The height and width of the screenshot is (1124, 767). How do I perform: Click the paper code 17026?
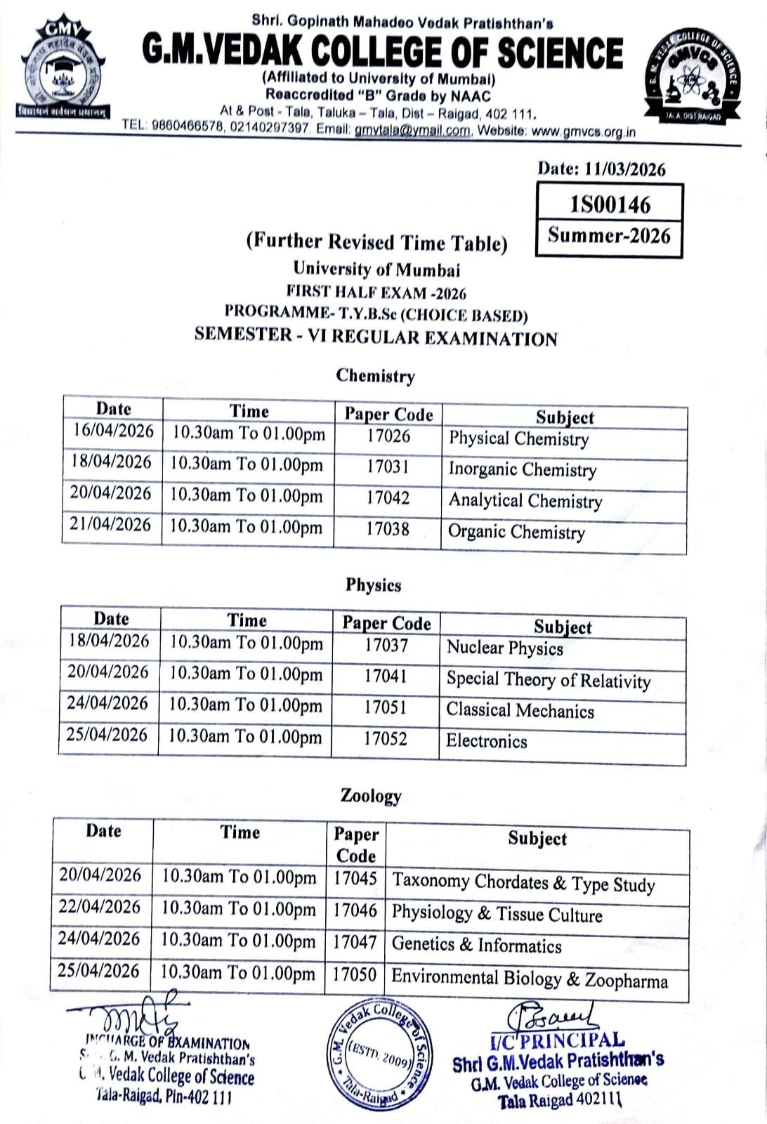click(x=388, y=436)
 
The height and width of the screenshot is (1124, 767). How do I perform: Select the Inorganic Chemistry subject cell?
click(x=523, y=469)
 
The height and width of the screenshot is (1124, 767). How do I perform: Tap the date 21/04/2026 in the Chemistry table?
click(x=110, y=525)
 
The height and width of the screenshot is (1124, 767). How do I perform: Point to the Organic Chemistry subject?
click(x=516, y=532)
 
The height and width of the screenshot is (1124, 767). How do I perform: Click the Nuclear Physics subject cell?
click(x=505, y=647)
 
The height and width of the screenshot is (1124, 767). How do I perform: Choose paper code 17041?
click(x=386, y=676)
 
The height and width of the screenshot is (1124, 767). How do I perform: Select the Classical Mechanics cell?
click(x=520, y=710)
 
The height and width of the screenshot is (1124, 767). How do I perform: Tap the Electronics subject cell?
click(x=487, y=741)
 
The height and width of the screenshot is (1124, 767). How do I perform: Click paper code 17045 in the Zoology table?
click(x=355, y=878)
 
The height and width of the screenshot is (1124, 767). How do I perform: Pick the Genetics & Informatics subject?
click(x=477, y=945)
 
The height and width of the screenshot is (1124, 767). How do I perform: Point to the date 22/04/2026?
click(x=100, y=907)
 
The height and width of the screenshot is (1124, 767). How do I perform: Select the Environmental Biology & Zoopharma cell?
click(x=530, y=978)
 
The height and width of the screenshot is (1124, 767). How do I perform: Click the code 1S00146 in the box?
click(x=610, y=204)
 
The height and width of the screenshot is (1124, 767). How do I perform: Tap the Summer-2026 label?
click(x=610, y=235)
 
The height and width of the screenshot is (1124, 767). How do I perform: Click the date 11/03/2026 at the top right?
click(x=601, y=169)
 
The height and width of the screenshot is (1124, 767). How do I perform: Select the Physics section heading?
click(x=373, y=585)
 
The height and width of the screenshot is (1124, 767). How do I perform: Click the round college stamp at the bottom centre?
click(x=380, y=1054)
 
